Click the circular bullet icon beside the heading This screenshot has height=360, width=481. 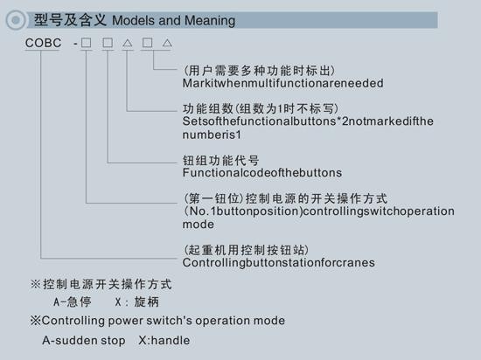16,20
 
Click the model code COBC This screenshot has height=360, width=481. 43,43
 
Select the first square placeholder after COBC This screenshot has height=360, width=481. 87,43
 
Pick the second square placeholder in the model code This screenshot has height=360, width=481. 108,43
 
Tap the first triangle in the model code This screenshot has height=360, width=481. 128,43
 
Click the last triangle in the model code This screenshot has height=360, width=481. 167,43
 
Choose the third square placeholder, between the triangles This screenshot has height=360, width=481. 147,43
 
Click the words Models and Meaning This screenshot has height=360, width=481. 174,20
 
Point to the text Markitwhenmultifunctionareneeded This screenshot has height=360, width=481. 282,83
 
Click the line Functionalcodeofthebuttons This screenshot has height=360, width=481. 262,173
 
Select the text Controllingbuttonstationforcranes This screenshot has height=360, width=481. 278,262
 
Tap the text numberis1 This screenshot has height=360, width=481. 212,135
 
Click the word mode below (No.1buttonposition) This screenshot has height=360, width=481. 199,225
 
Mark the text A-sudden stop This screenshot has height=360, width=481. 84,341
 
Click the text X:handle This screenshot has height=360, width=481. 164,341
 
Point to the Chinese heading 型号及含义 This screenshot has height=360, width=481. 70,20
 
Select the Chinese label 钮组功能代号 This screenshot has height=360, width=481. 221,160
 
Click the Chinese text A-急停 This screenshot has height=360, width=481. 73,302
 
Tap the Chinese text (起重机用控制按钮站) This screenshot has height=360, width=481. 246,250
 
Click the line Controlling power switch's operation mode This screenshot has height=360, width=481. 157,321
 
